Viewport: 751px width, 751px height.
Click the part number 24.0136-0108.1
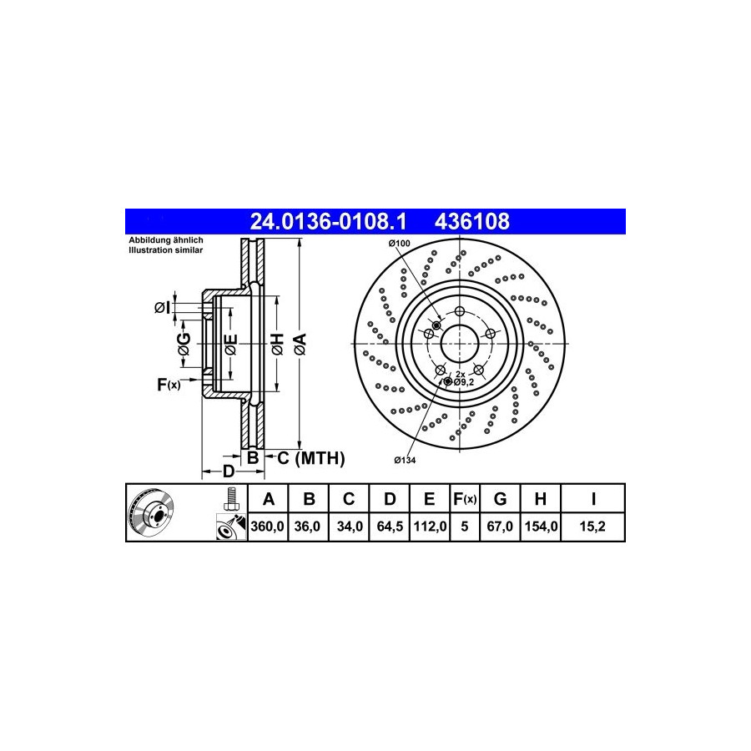328,222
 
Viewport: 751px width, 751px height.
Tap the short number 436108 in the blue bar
471,222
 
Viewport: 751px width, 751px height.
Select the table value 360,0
267,527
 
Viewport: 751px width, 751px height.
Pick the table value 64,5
390,527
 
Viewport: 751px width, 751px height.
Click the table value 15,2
592,527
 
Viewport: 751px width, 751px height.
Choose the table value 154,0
541,527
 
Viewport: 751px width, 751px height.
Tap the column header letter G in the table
500,499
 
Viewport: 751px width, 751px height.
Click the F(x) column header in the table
465,499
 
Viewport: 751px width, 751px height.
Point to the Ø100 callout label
400,244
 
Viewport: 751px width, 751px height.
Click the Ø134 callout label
405,461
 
